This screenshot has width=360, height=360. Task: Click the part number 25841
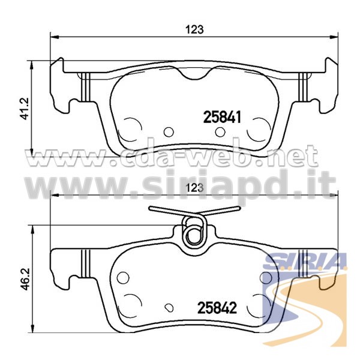coord(222,117)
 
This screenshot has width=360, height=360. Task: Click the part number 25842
coord(217,308)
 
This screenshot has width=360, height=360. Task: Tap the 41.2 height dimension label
coord(24,109)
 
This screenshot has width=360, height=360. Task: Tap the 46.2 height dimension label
coord(24,278)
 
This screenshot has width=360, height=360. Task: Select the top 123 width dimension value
coord(194,29)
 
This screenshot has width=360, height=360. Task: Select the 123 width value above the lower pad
coord(194,188)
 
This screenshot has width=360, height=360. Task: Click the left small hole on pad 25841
coord(169,132)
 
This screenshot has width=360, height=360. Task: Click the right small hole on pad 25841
coord(220,132)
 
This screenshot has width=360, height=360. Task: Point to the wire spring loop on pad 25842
coord(194,232)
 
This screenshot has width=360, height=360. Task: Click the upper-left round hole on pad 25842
coord(123,278)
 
